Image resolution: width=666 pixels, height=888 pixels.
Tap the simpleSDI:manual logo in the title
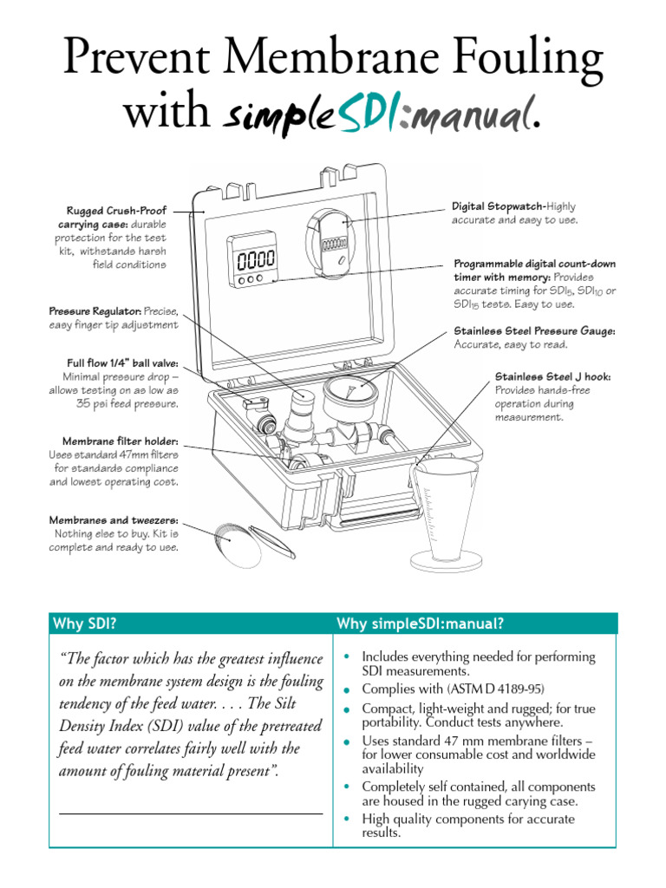tap(382, 114)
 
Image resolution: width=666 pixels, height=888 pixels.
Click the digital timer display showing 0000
tap(251, 258)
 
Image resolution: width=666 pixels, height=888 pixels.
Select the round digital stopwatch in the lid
tap(335, 238)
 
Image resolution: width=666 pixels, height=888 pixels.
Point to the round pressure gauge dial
tap(356, 393)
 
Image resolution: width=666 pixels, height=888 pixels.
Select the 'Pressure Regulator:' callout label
tap(95, 310)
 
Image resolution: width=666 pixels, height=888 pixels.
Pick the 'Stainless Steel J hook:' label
tap(552, 376)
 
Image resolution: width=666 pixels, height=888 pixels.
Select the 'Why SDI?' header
tap(85, 624)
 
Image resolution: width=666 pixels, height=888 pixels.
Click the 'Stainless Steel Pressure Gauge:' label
tap(534, 330)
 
